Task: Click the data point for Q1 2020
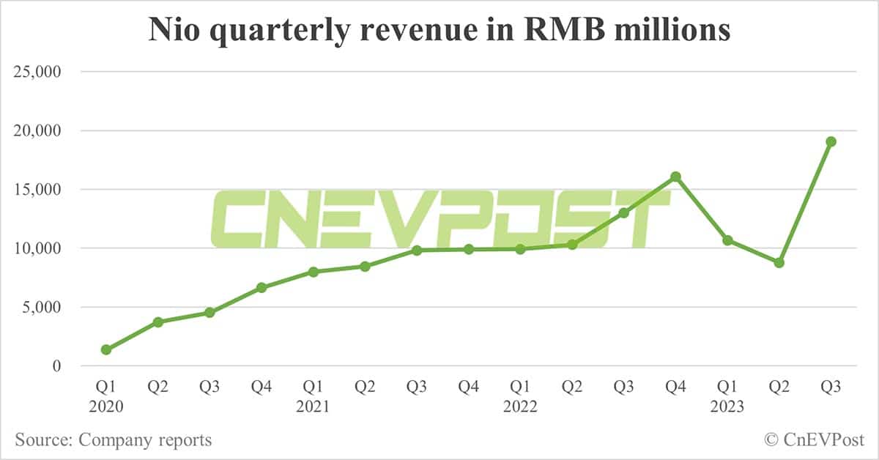point(106,349)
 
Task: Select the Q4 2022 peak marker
point(675,177)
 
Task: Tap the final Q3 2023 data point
point(831,141)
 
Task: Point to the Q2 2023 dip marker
point(779,262)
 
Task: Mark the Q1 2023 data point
point(727,240)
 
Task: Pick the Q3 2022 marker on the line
point(623,212)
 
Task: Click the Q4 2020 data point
point(262,287)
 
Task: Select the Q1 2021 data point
point(314,272)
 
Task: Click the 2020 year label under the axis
point(106,406)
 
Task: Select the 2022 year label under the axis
point(520,406)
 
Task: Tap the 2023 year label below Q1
point(727,406)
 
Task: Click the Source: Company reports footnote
point(114,440)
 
